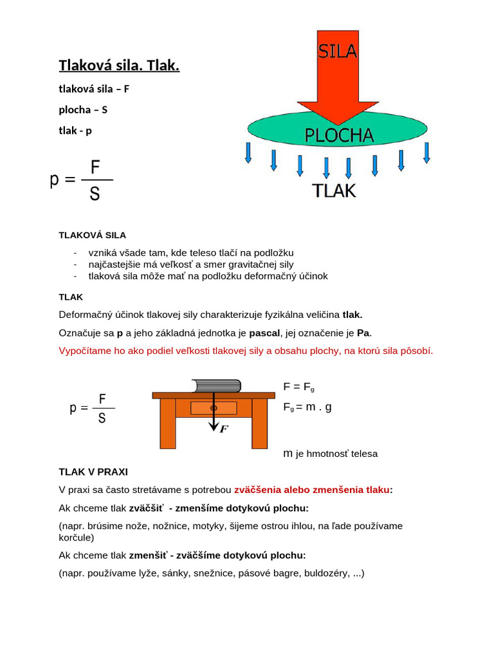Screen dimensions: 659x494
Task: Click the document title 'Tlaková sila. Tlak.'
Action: (x=119, y=65)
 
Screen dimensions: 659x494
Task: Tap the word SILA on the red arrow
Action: (x=338, y=50)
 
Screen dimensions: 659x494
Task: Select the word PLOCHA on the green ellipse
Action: (x=338, y=135)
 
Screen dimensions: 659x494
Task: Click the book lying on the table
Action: (x=217, y=386)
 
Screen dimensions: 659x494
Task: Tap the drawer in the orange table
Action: (x=214, y=408)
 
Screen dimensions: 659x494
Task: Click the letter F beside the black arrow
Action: (x=224, y=429)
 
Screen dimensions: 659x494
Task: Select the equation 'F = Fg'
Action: (x=298, y=387)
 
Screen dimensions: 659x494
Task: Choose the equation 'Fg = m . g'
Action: (x=307, y=407)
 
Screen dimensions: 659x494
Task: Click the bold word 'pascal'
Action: (x=265, y=333)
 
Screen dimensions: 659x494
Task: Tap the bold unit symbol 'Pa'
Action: (x=363, y=333)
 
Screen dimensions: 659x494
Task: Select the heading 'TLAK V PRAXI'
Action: (x=93, y=471)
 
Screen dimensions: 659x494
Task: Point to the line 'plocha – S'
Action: (x=83, y=109)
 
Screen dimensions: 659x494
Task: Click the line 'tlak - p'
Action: (x=75, y=131)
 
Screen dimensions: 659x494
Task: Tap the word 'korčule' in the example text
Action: (x=76, y=537)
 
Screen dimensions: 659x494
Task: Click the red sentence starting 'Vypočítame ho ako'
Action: (x=246, y=351)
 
